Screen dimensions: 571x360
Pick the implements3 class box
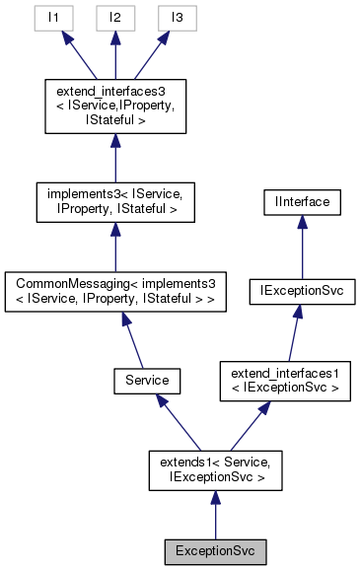[x=116, y=200]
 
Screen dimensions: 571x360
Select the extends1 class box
[x=215, y=470]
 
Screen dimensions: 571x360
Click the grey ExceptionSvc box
[x=215, y=547]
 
